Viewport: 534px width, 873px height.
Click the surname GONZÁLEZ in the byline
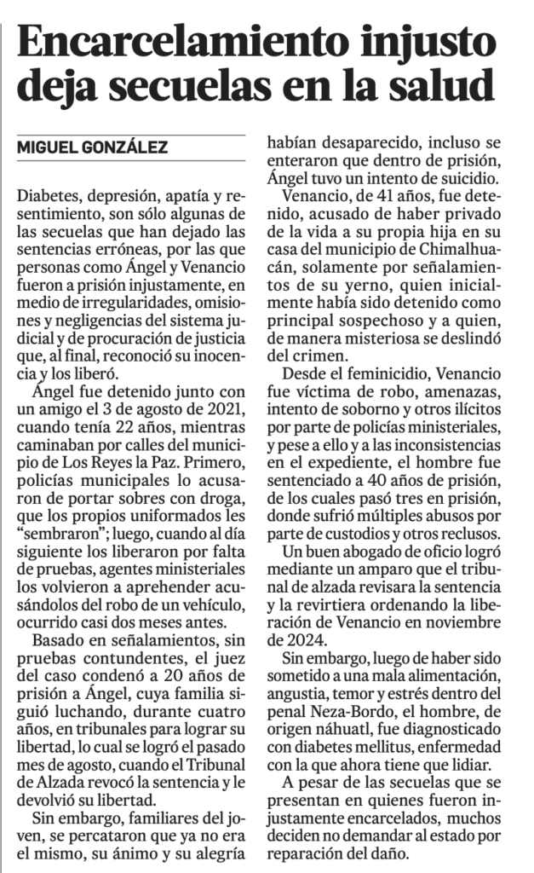click(122, 147)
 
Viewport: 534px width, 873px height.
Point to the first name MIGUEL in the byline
click(46, 147)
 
